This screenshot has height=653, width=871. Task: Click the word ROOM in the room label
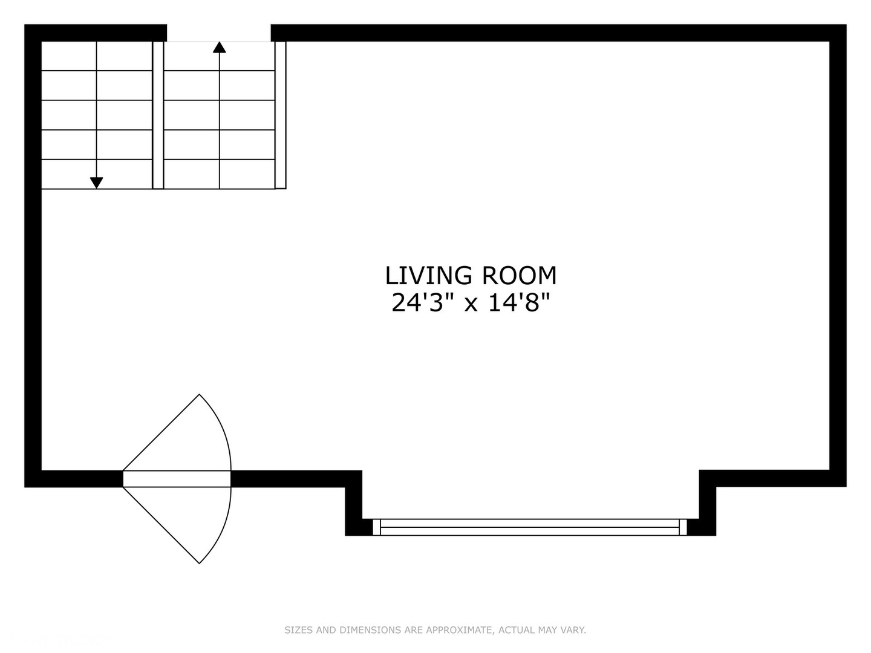tap(518, 276)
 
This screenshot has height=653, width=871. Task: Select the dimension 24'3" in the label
tap(422, 302)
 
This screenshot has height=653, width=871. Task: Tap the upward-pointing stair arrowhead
tap(219, 47)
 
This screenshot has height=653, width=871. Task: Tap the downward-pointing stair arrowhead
tap(96, 183)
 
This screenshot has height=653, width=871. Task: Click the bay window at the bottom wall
tap(530, 527)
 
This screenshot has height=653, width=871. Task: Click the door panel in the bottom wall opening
tap(177, 479)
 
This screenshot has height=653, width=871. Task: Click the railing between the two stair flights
tap(158, 115)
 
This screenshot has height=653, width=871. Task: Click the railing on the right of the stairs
tap(281, 115)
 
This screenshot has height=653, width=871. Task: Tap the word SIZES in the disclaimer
tap(299, 630)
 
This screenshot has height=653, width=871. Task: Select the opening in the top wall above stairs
tap(219, 33)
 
